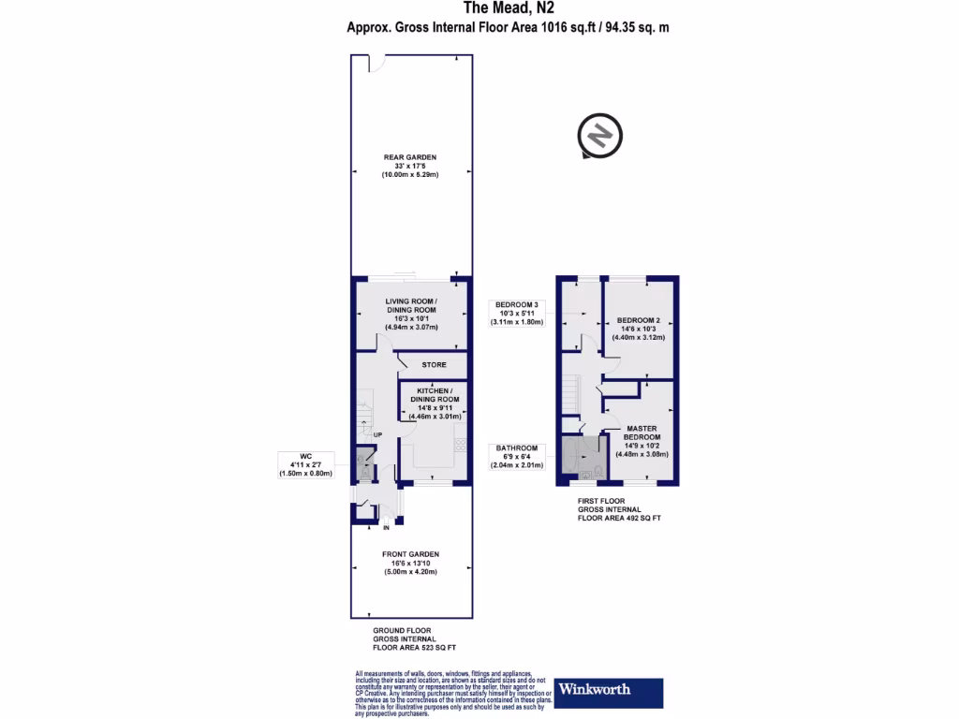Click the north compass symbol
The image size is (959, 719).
(x=598, y=137)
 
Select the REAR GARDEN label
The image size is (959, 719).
(x=410, y=166)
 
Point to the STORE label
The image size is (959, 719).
(x=433, y=364)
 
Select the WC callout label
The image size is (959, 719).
(x=304, y=465)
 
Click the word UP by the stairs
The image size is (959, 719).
(x=377, y=435)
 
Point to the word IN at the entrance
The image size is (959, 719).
(x=384, y=527)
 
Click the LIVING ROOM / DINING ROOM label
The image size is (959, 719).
(x=412, y=315)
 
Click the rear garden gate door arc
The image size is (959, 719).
(x=375, y=63)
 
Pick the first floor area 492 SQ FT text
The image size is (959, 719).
(x=619, y=517)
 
